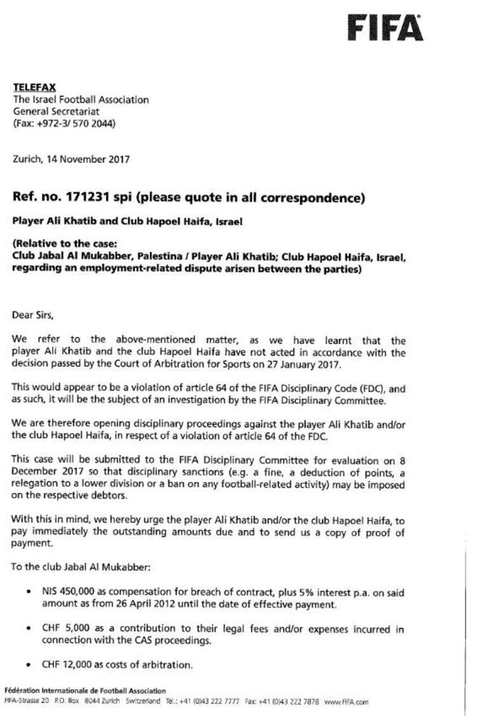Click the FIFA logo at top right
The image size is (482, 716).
tap(385, 29)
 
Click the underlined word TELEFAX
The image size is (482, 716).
tap(34, 88)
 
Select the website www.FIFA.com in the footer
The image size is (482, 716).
tap(346, 703)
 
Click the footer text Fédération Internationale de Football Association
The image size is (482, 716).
tap(85, 691)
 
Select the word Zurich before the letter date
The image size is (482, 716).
tap(27, 159)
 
